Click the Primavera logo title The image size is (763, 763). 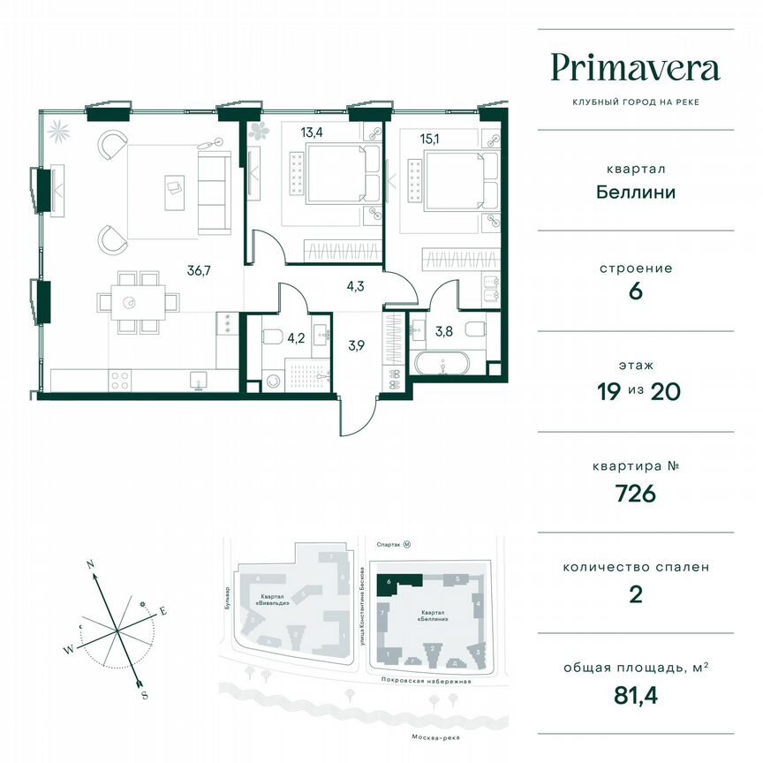click(635, 68)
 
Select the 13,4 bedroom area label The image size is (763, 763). click(311, 133)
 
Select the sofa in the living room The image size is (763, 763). click(213, 191)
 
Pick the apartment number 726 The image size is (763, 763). click(635, 493)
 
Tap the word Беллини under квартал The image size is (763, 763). click(635, 191)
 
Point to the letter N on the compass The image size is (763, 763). click(90, 563)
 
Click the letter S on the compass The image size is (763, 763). click(144, 695)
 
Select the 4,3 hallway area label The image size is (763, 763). click(356, 286)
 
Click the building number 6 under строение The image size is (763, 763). click(635, 291)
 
